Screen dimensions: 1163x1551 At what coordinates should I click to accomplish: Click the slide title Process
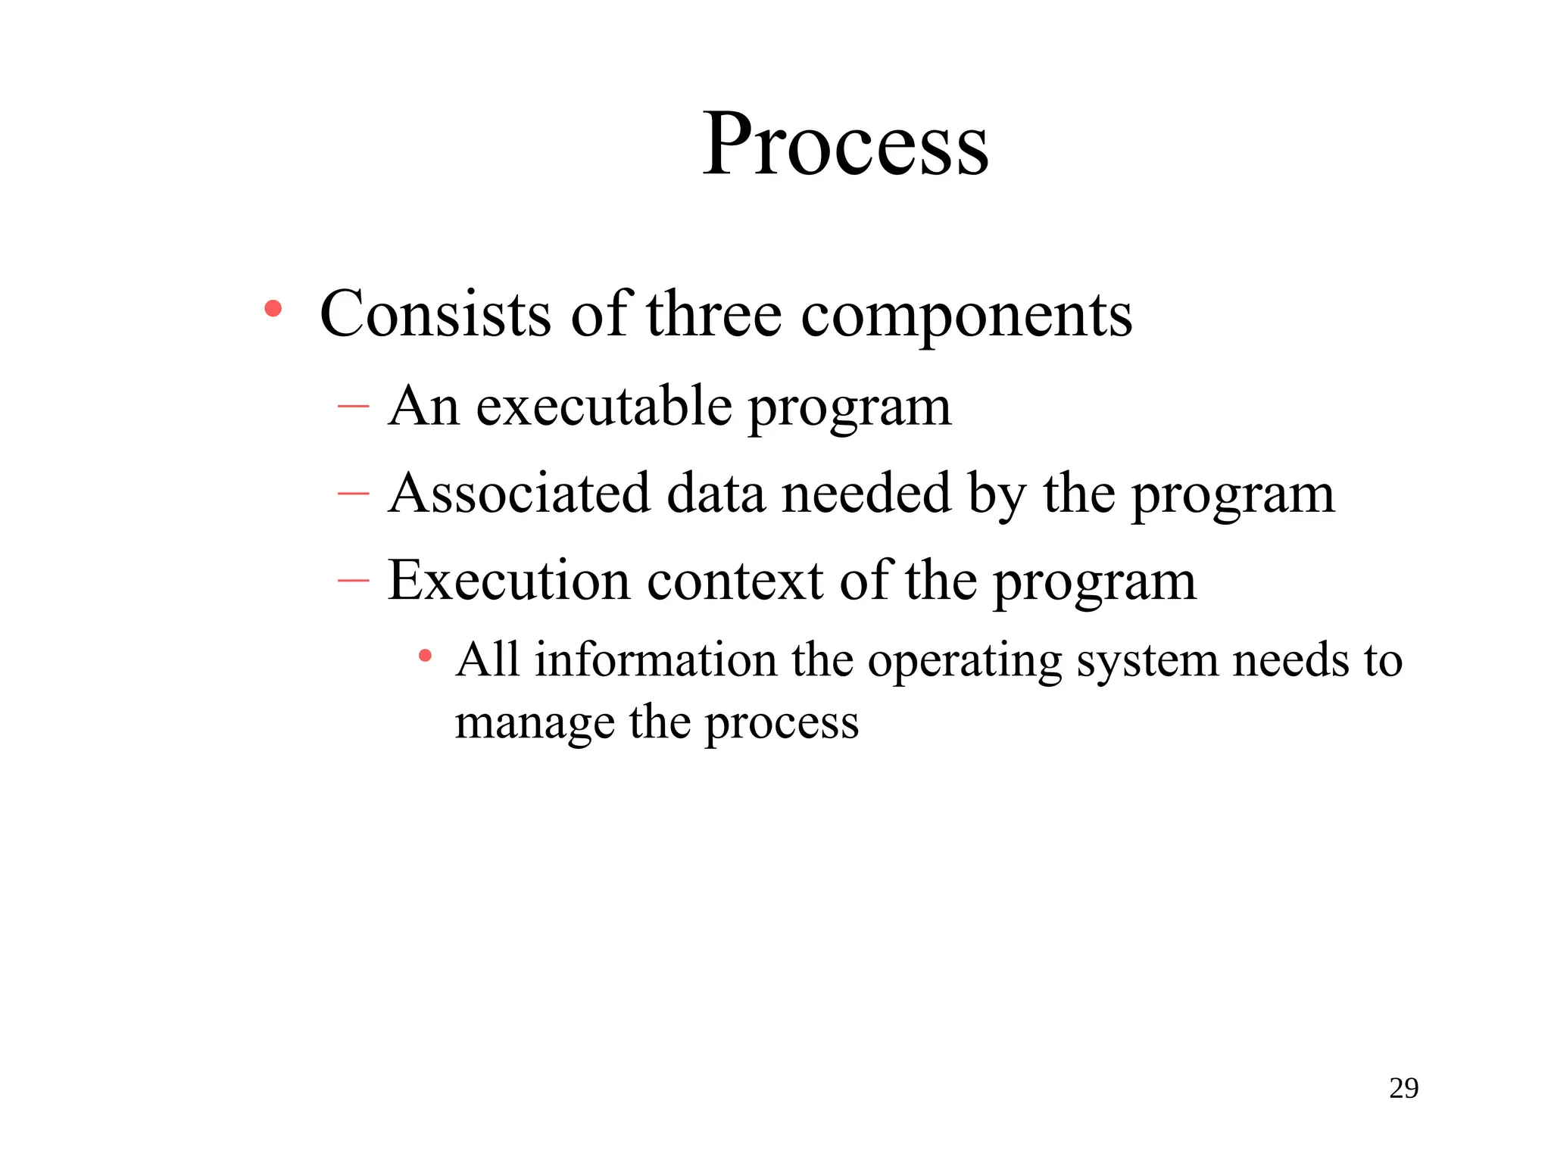click(x=845, y=144)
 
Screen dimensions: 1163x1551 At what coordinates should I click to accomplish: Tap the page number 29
click(x=1403, y=1088)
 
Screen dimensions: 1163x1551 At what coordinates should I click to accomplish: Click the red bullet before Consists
click(x=273, y=309)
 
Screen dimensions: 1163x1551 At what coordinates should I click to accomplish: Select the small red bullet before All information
click(x=426, y=655)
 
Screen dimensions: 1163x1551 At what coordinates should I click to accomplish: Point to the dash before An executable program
click(x=353, y=407)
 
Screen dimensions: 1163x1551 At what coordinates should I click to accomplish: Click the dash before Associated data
click(x=353, y=494)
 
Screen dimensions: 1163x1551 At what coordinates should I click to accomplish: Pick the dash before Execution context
click(x=353, y=581)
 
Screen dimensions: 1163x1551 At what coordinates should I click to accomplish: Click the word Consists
click(x=435, y=313)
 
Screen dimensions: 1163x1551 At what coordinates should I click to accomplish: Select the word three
click(x=713, y=313)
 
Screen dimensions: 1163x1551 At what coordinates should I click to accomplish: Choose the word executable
click(x=604, y=407)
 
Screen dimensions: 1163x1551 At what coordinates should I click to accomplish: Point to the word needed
click(x=866, y=494)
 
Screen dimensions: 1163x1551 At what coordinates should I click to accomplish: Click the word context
click(x=735, y=581)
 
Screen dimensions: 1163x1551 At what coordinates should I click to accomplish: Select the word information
click(x=656, y=659)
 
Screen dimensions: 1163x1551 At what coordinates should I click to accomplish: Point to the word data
click(x=716, y=494)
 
